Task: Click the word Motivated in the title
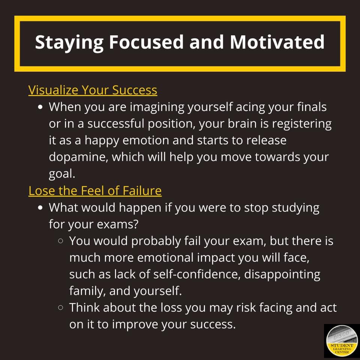point(277,42)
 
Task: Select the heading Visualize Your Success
point(93,90)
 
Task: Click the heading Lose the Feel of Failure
point(95,191)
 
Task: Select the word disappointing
point(282,274)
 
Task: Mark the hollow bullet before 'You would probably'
point(61,241)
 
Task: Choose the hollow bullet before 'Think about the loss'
point(61,308)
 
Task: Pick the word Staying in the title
point(69,42)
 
